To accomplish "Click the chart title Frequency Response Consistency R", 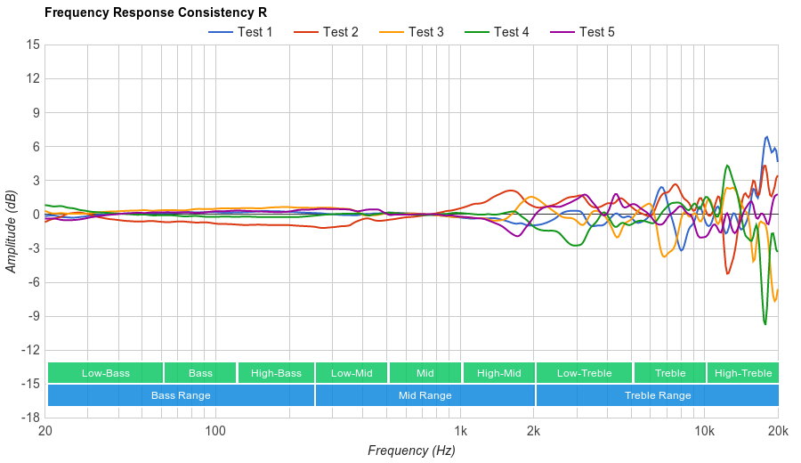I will [155, 13].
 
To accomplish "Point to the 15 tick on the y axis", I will [33, 45].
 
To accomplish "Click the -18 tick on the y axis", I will [31, 418].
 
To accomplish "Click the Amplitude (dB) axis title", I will [12, 231].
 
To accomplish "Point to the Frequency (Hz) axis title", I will [411, 451].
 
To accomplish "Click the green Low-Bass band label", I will [105, 373].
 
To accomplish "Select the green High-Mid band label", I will [498, 373].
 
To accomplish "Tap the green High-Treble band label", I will [743, 373].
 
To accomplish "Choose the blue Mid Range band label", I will [425, 395].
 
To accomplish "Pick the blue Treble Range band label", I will [658, 395].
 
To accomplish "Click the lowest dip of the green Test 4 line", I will [765, 324].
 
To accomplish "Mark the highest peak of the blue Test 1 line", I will [767, 137].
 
